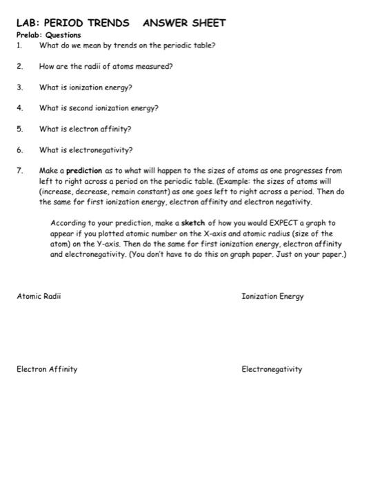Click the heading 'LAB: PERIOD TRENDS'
(x=72, y=23)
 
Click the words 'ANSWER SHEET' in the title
(x=184, y=23)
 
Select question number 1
(x=20, y=45)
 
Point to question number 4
(x=20, y=108)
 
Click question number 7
(x=20, y=170)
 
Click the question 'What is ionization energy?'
(x=86, y=87)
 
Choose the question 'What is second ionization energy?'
(x=99, y=108)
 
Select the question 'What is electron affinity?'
(x=85, y=129)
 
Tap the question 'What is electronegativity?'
(x=86, y=149)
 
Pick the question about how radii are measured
(x=106, y=67)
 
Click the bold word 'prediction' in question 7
(x=84, y=170)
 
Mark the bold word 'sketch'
(x=194, y=224)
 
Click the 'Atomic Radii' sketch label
(x=39, y=296)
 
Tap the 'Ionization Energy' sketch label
(x=272, y=296)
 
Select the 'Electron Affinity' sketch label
(x=47, y=369)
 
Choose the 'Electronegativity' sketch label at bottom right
(x=272, y=369)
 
